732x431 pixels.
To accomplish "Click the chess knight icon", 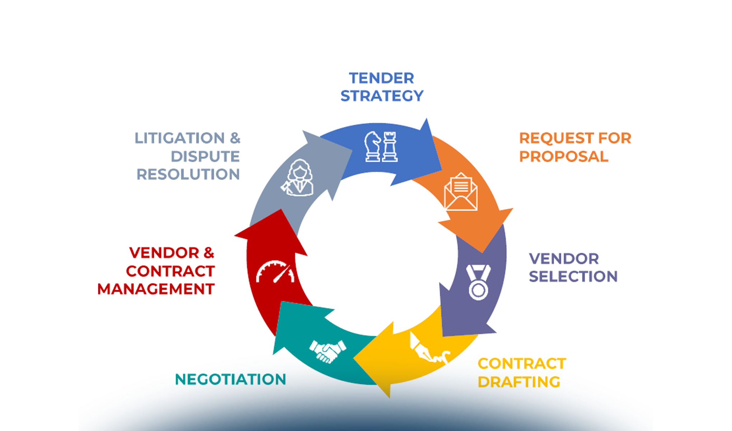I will point(372,147).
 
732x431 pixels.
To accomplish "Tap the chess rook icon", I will point(390,147).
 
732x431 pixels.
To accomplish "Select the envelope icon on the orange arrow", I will point(461,192).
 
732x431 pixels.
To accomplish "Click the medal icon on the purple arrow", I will point(478,282).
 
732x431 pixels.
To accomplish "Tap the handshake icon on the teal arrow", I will point(328,351).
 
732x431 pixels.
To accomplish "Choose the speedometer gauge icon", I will point(275,272).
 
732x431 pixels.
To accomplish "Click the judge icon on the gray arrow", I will point(298,178).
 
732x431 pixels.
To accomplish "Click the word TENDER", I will point(381,78).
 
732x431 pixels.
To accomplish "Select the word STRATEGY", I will point(382,96).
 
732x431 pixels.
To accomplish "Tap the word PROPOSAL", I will point(564,157).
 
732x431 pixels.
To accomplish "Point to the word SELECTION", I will point(573,277).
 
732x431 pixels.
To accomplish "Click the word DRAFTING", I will point(519,382).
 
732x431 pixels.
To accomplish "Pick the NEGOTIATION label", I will point(230,380).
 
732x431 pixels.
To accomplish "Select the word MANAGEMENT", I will point(156,289).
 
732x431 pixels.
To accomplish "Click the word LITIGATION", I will point(180,138).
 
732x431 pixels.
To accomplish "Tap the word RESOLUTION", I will point(188,175).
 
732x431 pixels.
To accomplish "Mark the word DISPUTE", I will point(205,157).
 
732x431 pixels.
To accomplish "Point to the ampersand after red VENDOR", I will point(208,253).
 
